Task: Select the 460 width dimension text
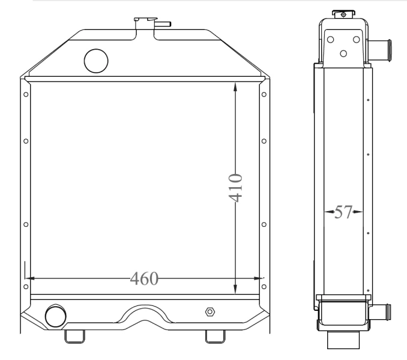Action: point(145,278)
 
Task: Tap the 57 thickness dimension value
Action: point(343,212)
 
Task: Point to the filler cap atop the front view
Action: point(144,20)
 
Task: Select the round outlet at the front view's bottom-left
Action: point(55,314)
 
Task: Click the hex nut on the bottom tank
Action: point(210,312)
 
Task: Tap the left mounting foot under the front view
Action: point(74,336)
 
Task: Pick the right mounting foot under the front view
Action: point(215,336)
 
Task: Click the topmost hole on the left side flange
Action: point(25,94)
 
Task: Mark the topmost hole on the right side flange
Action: point(265,94)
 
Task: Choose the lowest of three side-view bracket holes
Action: point(343,53)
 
